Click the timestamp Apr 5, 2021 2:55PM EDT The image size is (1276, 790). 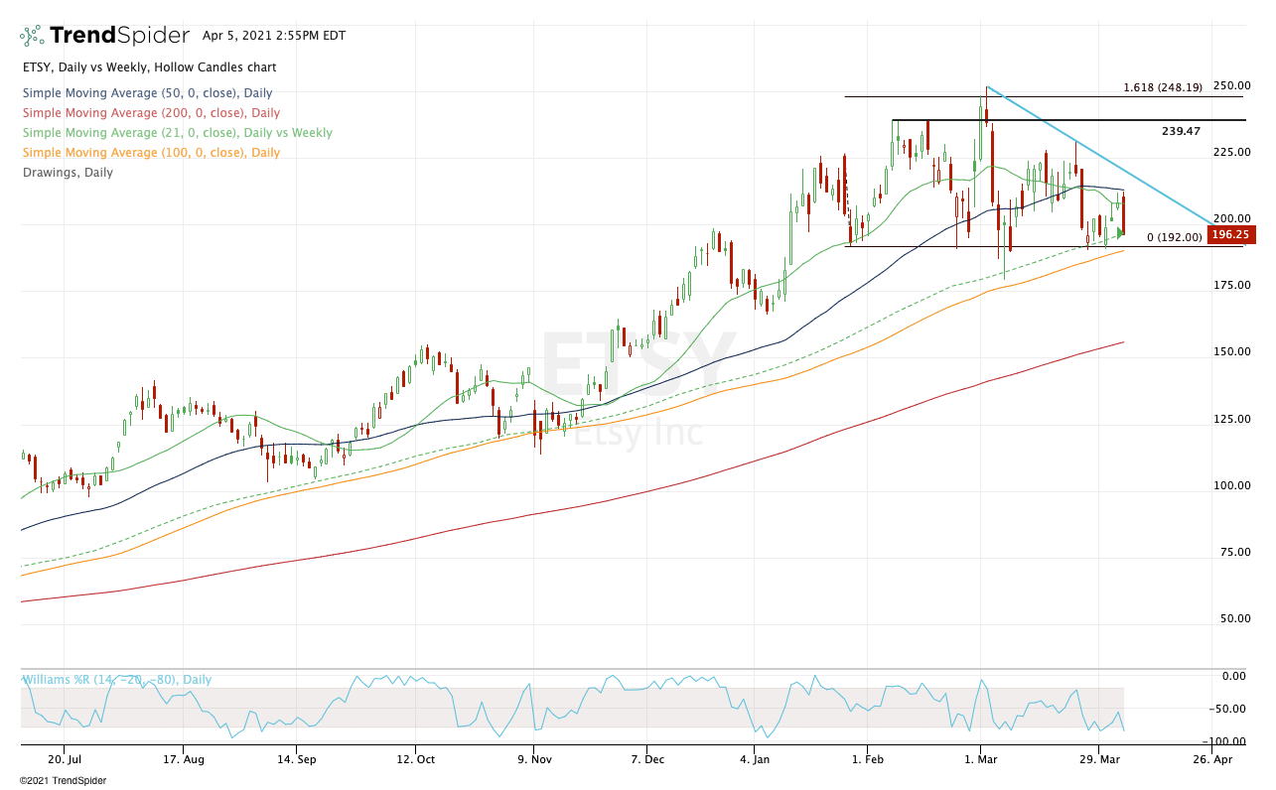point(274,36)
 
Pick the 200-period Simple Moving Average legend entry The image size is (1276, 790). point(151,113)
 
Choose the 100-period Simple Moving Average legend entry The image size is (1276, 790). point(151,153)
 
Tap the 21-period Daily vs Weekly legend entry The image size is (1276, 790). point(178,133)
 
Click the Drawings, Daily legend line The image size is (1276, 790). point(68,173)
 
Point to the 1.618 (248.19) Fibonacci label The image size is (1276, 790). point(1163,87)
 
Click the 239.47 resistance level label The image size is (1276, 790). point(1181,131)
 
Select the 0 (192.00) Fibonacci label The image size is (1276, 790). point(1174,237)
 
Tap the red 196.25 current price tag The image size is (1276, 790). point(1231,235)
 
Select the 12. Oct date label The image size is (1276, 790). point(415,759)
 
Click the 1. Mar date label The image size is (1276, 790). point(981,759)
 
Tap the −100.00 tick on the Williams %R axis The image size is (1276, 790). point(1229,741)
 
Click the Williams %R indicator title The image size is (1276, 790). point(117,680)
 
